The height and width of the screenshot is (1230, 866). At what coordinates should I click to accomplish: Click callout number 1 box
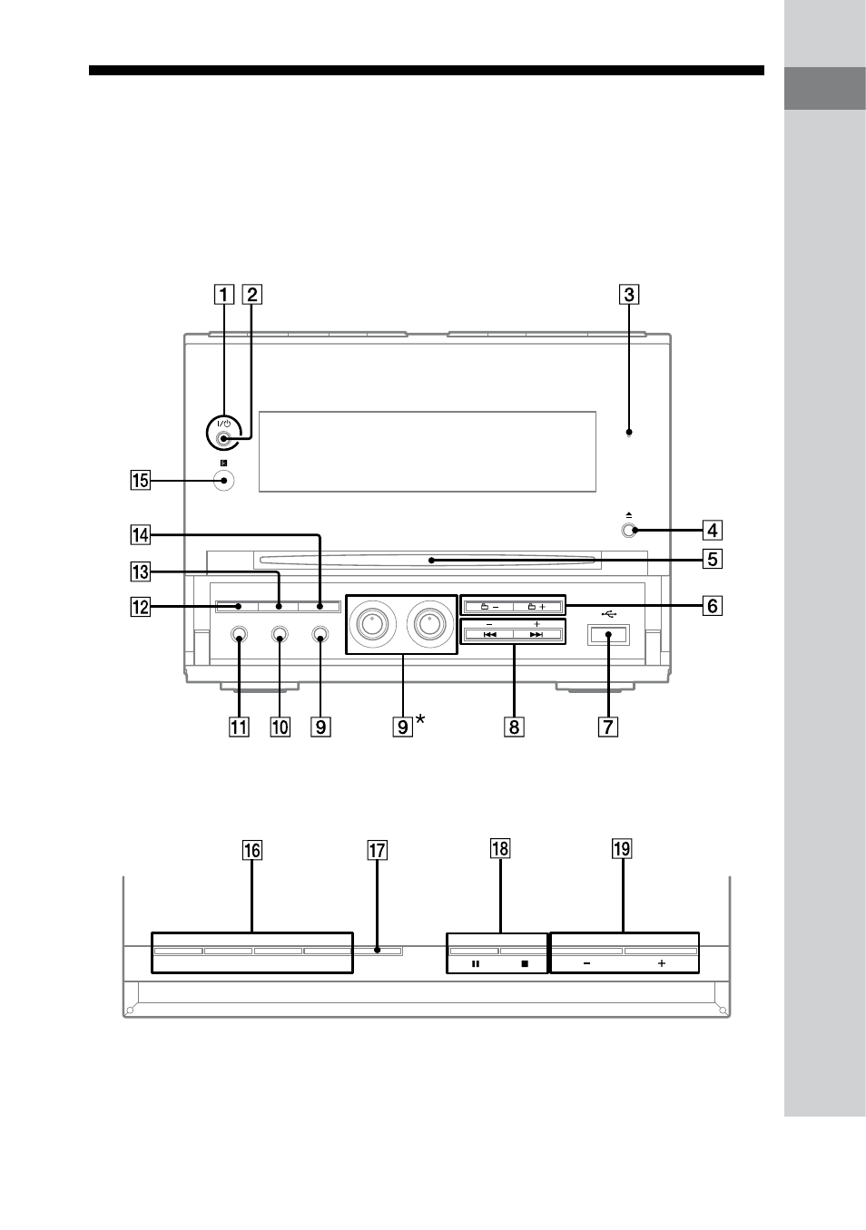223,294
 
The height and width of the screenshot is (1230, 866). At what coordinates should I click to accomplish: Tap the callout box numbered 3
629,294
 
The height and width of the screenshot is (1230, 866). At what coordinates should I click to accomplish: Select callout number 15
140,480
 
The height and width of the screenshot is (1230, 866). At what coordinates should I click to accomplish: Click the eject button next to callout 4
628,531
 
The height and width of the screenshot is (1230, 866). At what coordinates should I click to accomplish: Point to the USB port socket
608,635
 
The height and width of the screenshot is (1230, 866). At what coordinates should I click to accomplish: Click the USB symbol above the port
609,613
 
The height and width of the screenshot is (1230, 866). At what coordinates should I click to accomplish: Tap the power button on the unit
223,438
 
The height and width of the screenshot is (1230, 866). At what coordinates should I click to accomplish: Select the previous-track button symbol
489,635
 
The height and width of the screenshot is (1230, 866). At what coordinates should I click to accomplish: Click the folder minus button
489,607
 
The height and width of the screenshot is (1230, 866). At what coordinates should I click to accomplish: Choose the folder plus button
536,607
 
